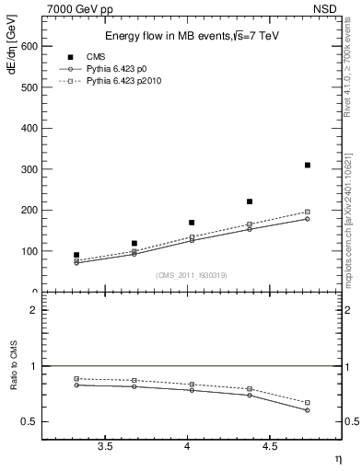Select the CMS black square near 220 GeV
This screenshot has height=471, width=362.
[x=249, y=201]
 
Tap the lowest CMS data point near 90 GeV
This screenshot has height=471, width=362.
[x=76, y=255]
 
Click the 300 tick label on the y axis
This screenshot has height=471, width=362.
[x=27, y=169]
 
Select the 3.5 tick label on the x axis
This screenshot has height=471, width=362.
[x=107, y=447]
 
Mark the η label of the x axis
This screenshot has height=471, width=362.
[x=337, y=458]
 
